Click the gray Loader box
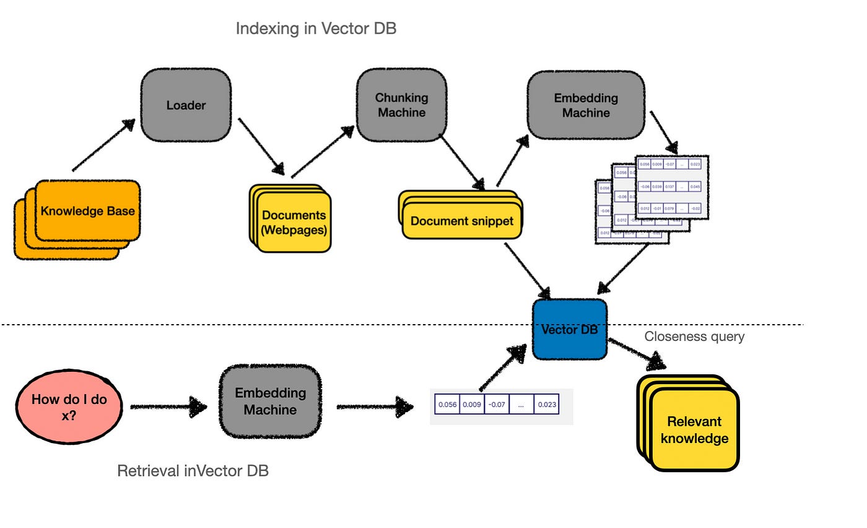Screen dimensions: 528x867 186,105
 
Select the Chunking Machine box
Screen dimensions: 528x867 401,105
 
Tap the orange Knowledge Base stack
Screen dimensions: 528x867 87,211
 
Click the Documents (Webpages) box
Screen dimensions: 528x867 294,222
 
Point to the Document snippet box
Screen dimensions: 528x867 462,221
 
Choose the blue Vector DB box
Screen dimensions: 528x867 569,330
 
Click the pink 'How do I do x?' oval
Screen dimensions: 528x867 69,407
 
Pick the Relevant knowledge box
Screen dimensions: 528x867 694,429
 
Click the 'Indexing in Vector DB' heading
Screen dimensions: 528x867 316,29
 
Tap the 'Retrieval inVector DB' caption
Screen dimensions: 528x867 193,471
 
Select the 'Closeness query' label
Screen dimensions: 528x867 694,337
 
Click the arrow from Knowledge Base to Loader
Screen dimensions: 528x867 103,145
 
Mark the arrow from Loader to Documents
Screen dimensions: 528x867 261,147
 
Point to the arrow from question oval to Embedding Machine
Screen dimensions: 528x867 168,407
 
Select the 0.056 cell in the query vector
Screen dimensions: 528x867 447,405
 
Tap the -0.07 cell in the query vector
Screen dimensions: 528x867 496,405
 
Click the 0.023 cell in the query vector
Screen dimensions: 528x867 546,405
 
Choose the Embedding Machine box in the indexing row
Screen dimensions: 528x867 586,105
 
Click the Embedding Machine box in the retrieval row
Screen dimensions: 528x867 270,402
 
